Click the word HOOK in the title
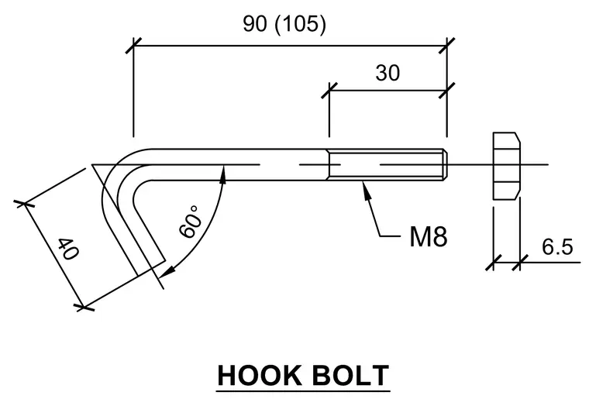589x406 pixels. [x=260, y=375]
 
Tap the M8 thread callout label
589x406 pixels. [x=429, y=236]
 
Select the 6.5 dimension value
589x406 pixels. [x=557, y=246]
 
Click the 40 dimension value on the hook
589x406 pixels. [x=68, y=249]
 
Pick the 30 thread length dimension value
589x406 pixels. [x=387, y=73]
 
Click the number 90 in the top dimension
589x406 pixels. [x=255, y=23]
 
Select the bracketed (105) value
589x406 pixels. [x=301, y=24]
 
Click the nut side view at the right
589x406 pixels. [x=506, y=166]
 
